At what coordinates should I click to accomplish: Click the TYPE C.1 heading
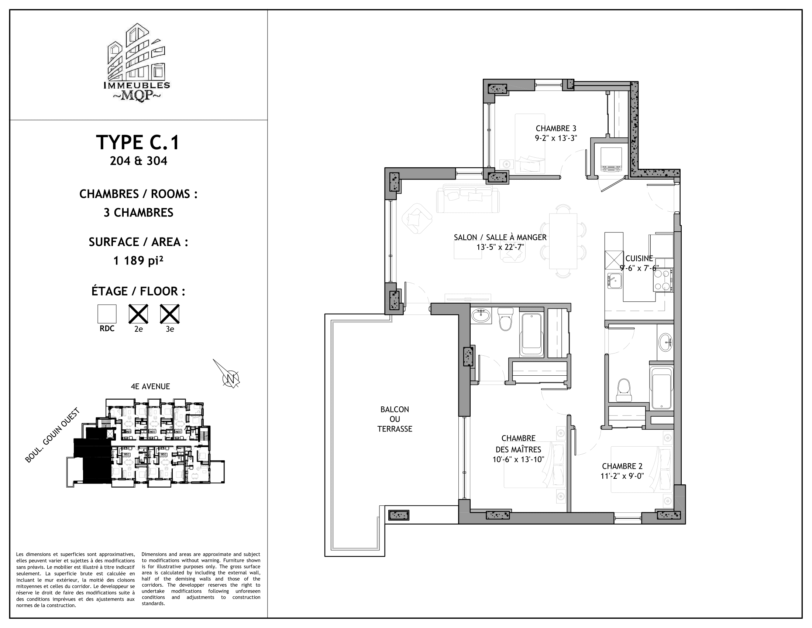(138, 143)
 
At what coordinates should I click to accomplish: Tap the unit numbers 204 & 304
(138, 161)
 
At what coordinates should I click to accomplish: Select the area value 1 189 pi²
(138, 260)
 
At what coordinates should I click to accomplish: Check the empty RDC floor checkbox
(107, 314)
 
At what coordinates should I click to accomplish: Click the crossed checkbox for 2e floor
(138, 314)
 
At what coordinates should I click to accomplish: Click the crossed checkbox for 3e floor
(169, 314)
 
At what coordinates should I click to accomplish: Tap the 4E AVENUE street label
(150, 386)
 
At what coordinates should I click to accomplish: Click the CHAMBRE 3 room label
(556, 129)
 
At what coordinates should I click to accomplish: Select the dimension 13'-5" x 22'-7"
(500, 247)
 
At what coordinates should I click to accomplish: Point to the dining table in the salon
(563, 241)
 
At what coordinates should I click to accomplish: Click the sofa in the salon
(468, 199)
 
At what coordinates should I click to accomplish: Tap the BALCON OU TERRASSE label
(395, 419)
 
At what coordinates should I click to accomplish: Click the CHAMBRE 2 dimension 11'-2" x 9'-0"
(622, 476)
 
